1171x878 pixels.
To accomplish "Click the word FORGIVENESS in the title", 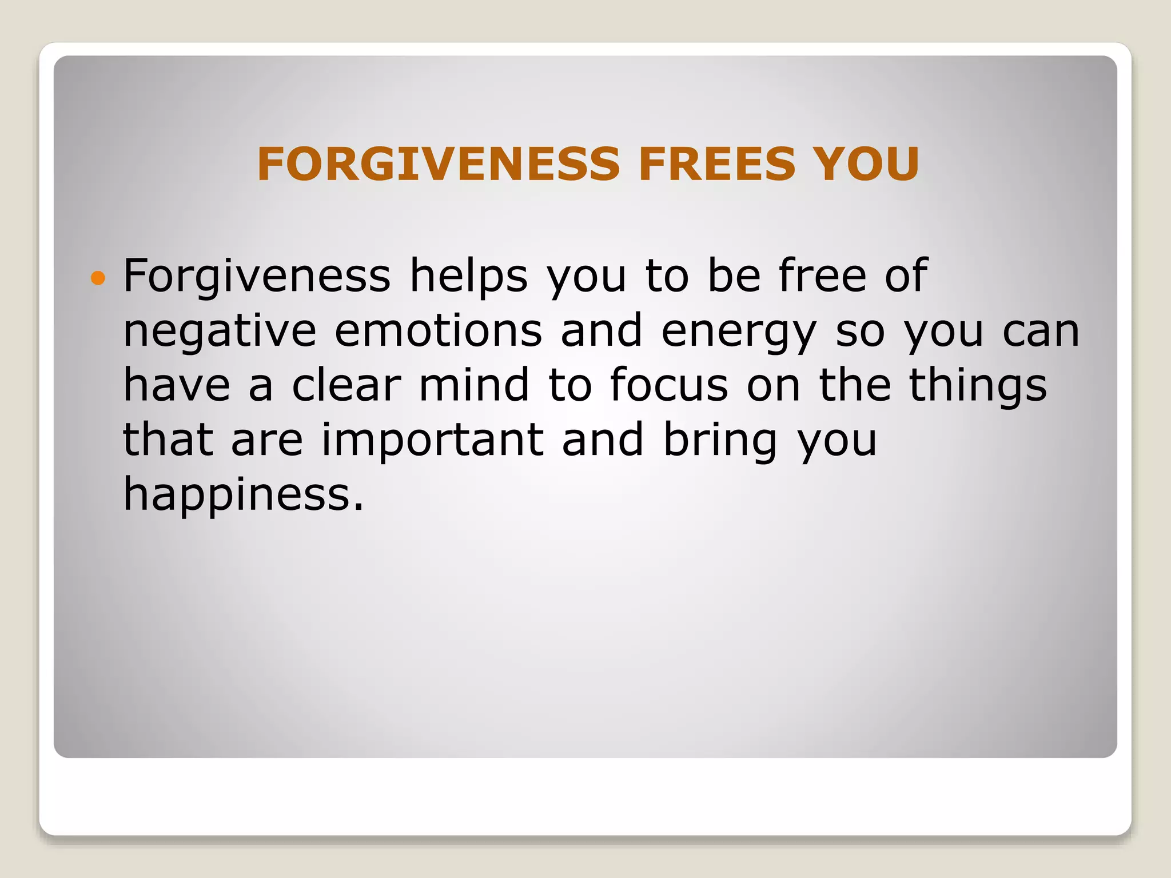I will point(438,165).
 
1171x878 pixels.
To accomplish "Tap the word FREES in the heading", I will point(716,165).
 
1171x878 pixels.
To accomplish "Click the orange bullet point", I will point(98,278).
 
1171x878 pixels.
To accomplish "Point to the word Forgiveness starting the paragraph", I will point(257,276).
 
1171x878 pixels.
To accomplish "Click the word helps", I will point(468,276).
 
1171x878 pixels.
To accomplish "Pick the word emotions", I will point(438,330).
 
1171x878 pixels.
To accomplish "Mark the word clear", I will point(346,385).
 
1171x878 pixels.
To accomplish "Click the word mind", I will point(474,385).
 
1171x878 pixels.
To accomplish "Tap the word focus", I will point(669,385).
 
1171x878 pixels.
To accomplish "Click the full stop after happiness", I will point(358,508).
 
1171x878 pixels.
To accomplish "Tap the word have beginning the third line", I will point(177,385).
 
